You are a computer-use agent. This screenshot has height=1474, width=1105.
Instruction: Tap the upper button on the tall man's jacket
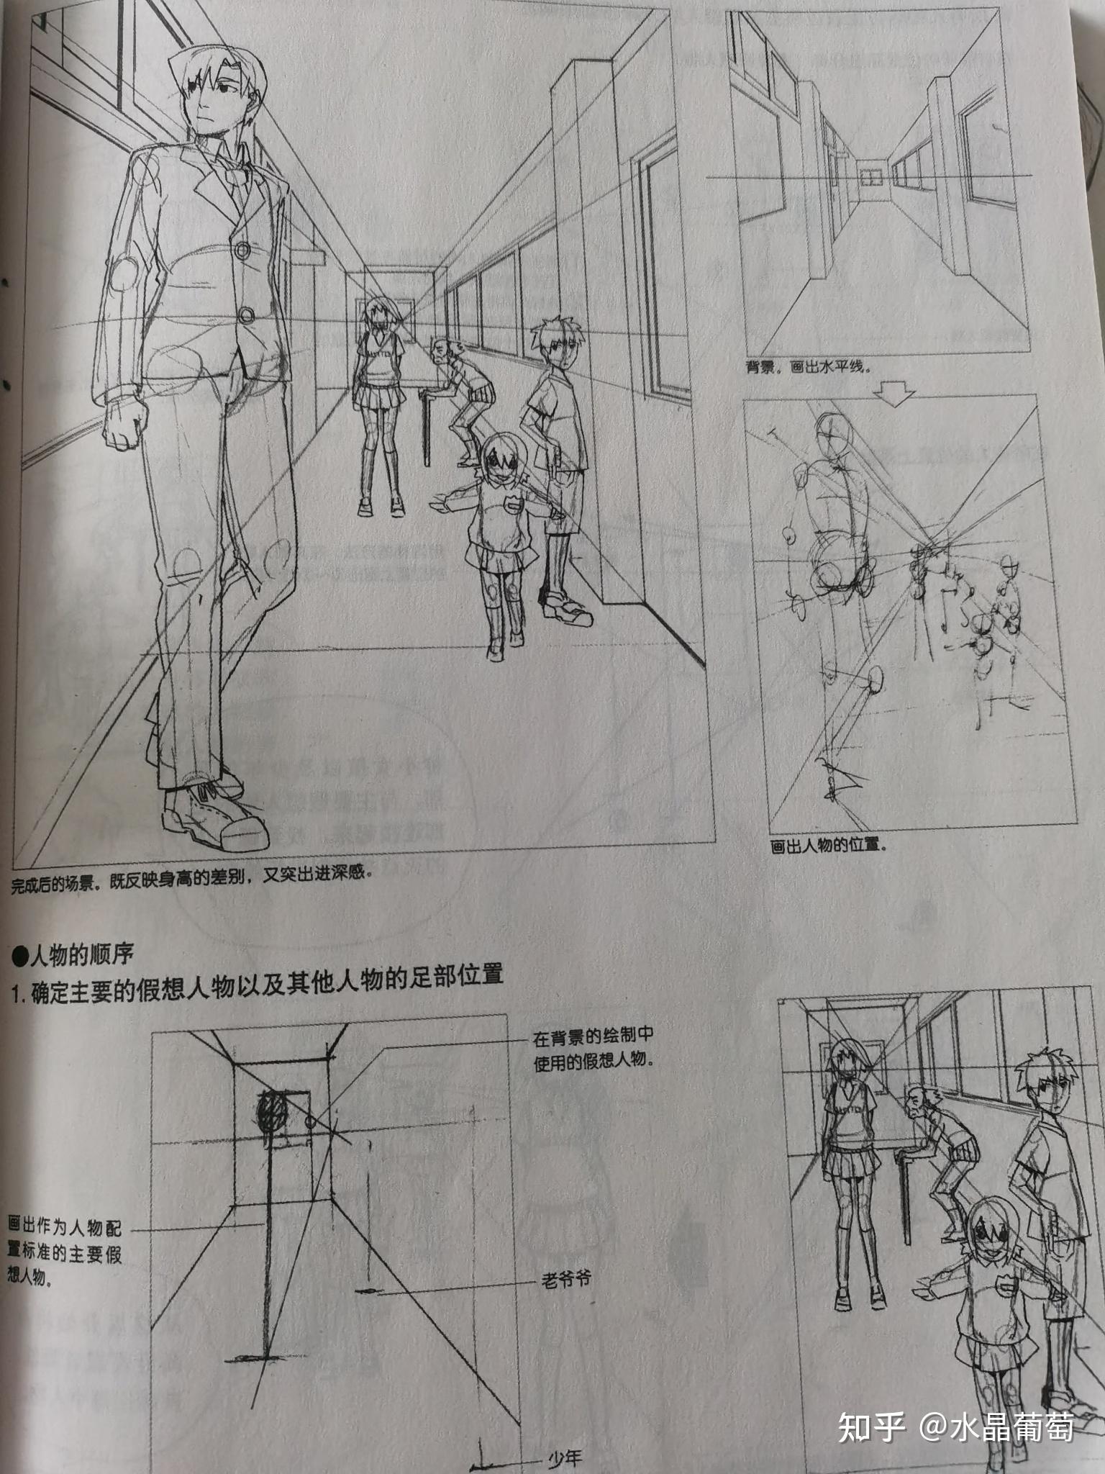point(242,250)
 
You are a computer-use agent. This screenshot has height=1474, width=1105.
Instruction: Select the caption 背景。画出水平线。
point(808,366)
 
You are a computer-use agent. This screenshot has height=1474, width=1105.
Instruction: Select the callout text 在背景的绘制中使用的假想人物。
point(594,1049)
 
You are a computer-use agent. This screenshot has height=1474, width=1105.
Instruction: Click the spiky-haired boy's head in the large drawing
point(555,342)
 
